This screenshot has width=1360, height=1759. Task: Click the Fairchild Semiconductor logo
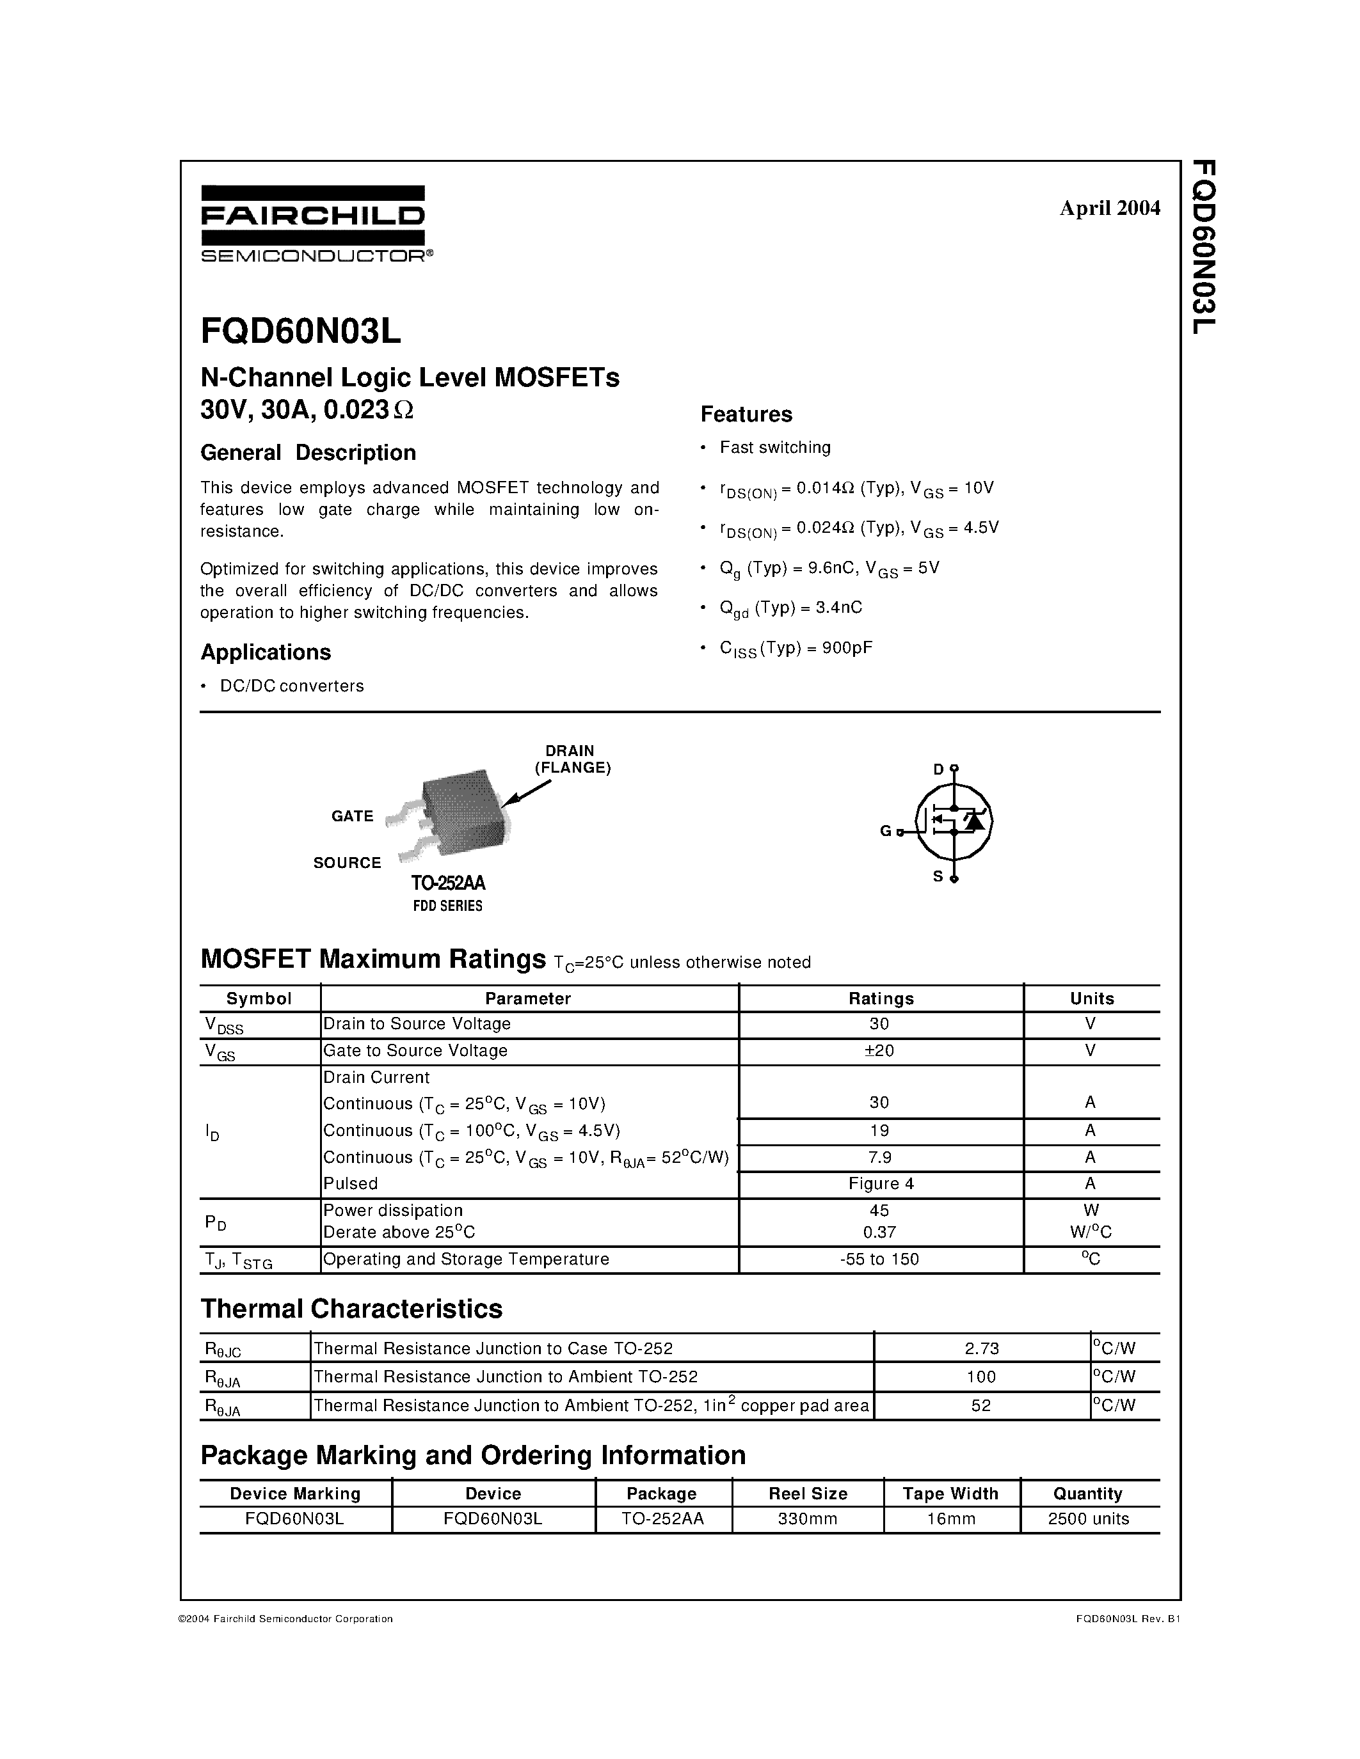(x=312, y=223)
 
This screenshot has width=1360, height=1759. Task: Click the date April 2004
(x=1109, y=208)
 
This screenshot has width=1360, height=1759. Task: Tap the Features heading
(x=746, y=414)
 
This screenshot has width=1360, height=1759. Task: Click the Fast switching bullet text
(x=774, y=447)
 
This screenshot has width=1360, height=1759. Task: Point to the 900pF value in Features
(x=847, y=647)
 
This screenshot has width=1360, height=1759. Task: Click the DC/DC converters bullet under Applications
(x=292, y=686)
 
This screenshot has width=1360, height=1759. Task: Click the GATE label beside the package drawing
(x=352, y=816)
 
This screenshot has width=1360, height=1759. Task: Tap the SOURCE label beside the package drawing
(x=346, y=863)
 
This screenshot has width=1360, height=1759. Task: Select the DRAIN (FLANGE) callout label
(x=572, y=759)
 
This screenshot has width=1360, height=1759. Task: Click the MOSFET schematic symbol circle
(x=953, y=821)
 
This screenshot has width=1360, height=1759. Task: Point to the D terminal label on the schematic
(x=938, y=769)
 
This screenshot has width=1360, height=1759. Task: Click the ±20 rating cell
(x=880, y=1050)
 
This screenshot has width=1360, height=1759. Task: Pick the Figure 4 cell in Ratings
(x=881, y=1183)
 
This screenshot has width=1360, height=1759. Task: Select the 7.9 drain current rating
(x=880, y=1156)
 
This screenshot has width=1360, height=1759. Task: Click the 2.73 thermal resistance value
(x=980, y=1348)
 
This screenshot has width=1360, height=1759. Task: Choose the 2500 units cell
(x=1087, y=1519)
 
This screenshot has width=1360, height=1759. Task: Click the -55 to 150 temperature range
(x=880, y=1259)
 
